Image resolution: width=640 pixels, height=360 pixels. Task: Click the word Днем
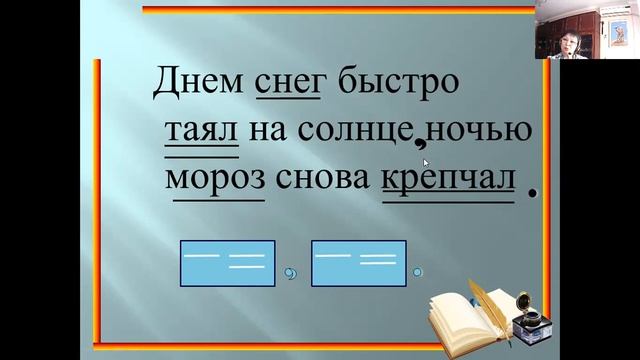pyautogui.click(x=197, y=82)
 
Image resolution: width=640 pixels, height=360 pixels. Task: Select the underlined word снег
pyautogui.click(x=290, y=82)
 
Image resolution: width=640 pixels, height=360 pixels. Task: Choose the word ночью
pyautogui.click(x=484, y=131)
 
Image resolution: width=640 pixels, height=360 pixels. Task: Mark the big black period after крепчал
pyautogui.click(x=532, y=193)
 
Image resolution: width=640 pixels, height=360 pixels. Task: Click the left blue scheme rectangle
pyautogui.click(x=227, y=263)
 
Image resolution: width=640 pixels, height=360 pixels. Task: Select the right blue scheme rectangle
pyautogui.click(x=359, y=263)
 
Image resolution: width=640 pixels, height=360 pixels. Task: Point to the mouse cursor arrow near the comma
pyautogui.click(x=426, y=163)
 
